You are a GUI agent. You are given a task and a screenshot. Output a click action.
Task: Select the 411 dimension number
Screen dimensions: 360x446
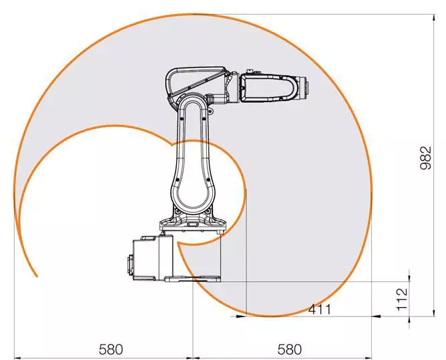click(x=320, y=309)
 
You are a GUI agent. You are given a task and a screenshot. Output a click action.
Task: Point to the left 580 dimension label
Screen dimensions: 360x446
click(x=111, y=349)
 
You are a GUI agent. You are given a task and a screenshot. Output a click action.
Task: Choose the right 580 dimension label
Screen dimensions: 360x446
click(x=289, y=349)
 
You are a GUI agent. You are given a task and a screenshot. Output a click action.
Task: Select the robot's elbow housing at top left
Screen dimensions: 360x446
click(x=190, y=83)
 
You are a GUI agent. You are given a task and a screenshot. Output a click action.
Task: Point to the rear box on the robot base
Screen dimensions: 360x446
click(x=150, y=258)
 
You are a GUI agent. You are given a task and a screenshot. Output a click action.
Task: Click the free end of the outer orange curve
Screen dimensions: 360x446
click(x=35, y=275)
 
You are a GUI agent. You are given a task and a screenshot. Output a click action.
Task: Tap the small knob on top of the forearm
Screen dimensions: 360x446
click(x=251, y=69)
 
